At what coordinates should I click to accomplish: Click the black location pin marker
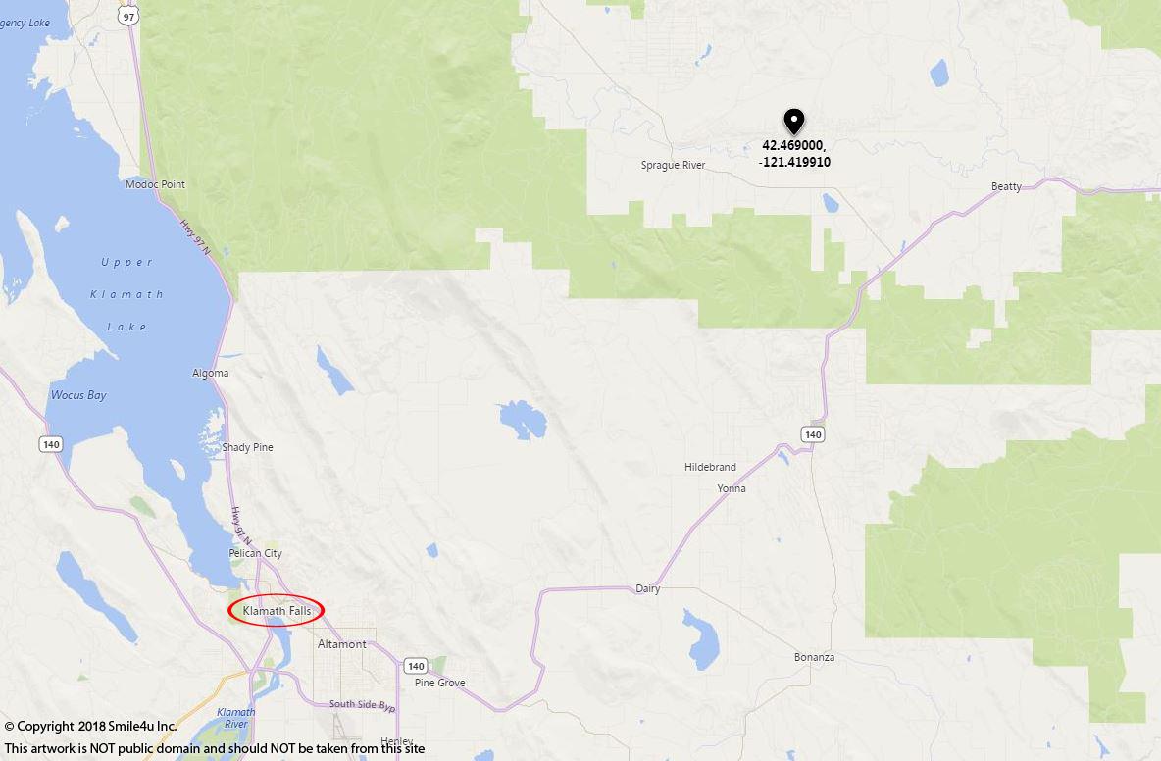click(793, 121)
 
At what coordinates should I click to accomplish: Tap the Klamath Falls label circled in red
click(277, 610)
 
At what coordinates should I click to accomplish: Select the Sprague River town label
click(673, 165)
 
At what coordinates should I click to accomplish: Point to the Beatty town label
click(1006, 186)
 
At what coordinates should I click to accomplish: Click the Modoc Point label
click(155, 184)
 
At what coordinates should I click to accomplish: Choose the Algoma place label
click(210, 373)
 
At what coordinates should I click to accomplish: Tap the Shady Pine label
click(247, 447)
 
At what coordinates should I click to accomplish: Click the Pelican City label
click(255, 553)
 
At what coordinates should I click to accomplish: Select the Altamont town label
click(342, 644)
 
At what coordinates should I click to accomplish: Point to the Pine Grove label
click(439, 683)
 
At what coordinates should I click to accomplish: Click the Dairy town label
click(647, 589)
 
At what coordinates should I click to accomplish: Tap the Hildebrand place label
click(710, 467)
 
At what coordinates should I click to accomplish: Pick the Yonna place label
click(731, 488)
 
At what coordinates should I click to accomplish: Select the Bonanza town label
click(814, 657)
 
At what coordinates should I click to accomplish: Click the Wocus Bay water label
click(78, 395)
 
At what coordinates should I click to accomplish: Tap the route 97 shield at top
click(127, 16)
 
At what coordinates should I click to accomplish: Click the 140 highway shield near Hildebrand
click(811, 433)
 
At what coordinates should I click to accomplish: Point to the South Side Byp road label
click(362, 704)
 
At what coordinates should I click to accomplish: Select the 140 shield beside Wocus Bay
click(51, 444)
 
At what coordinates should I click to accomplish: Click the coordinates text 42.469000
click(793, 145)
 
